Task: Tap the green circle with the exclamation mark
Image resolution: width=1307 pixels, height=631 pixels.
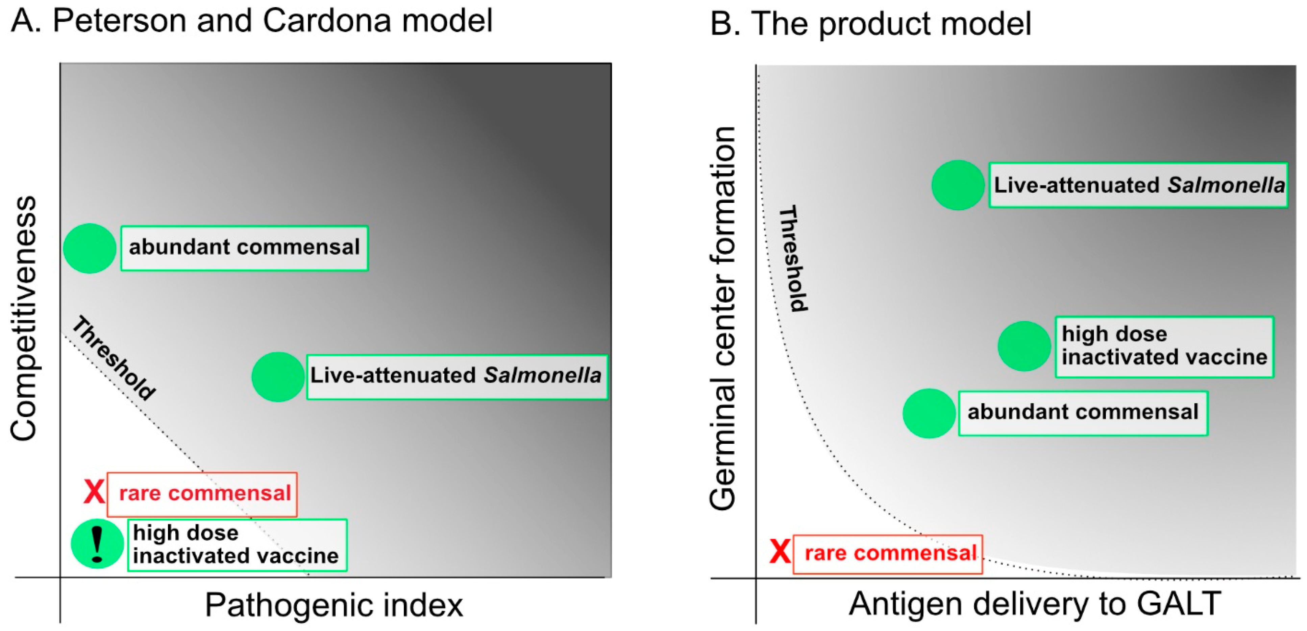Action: pyautogui.click(x=97, y=543)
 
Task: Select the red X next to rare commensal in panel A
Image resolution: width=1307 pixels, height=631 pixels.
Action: pyautogui.click(x=94, y=492)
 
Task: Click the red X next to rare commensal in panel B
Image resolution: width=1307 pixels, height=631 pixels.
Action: pyautogui.click(x=780, y=552)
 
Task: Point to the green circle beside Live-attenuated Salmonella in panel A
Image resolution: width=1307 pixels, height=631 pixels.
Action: pyautogui.click(x=278, y=377)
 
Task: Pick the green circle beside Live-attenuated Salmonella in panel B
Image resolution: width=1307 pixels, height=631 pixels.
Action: pyautogui.click(x=957, y=185)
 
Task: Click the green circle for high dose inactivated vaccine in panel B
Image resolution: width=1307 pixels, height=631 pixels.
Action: pyautogui.click(x=1024, y=346)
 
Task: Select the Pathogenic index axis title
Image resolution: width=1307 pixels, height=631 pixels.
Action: pyautogui.click(x=334, y=605)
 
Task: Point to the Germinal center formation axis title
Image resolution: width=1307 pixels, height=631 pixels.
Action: pyautogui.click(x=722, y=318)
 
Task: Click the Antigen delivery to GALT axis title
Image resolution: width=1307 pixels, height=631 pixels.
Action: pyautogui.click(x=1035, y=604)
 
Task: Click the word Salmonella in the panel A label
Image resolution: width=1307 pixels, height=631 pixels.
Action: pyautogui.click(x=542, y=376)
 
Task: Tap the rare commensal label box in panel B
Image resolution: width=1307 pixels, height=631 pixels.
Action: pyautogui.click(x=888, y=554)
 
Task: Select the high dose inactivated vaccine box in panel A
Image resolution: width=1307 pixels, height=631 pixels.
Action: pyautogui.click(x=237, y=545)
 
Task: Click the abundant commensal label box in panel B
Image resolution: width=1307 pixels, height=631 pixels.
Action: pyautogui.click(x=1083, y=413)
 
